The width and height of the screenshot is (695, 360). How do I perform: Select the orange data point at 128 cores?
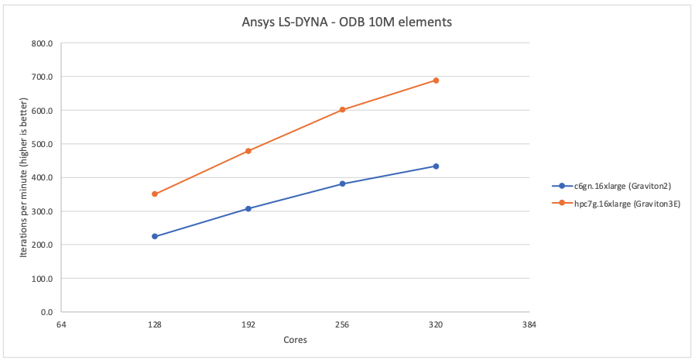pyautogui.click(x=155, y=194)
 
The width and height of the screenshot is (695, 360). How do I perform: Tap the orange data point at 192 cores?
pyautogui.click(x=248, y=151)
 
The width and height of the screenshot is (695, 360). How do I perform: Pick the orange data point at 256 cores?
pyautogui.click(x=342, y=110)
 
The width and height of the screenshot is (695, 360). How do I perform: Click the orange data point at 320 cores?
pyautogui.click(x=436, y=81)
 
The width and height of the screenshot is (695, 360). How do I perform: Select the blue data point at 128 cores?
pyautogui.click(x=155, y=236)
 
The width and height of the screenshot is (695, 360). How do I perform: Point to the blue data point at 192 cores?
pyautogui.click(x=248, y=208)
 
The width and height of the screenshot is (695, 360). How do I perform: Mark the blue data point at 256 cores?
pyautogui.click(x=342, y=183)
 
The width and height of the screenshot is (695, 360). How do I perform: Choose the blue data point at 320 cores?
pyautogui.click(x=436, y=166)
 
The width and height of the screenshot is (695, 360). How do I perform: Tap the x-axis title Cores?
pyautogui.click(x=295, y=341)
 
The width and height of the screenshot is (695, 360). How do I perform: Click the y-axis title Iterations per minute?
pyautogui.click(x=23, y=177)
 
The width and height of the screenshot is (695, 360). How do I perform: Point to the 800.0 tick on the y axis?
pyautogui.click(x=41, y=43)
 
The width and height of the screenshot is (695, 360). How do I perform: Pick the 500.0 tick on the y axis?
pyautogui.click(x=41, y=144)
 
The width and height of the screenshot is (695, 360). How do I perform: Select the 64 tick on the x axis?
pyautogui.click(x=61, y=325)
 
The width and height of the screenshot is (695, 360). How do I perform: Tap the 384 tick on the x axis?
pyautogui.click(x=529, y=325)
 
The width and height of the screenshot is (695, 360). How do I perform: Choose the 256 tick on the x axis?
pyautogui.click(x=342, y=325)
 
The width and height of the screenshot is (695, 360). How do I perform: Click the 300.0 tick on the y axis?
pyautogui.click(x=41, y=211)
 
